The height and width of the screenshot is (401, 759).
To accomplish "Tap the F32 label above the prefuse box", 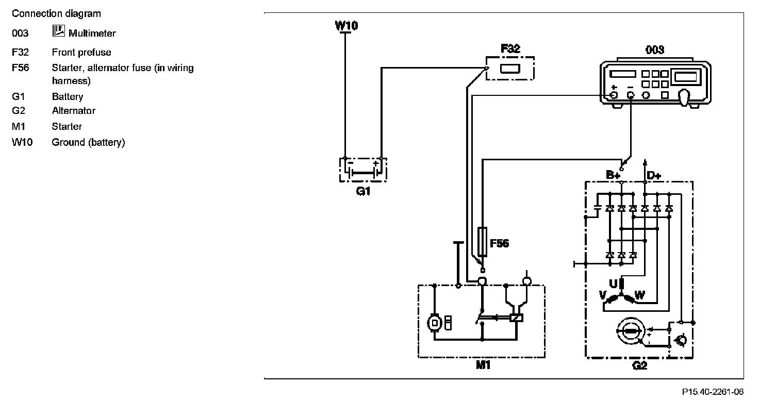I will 510,49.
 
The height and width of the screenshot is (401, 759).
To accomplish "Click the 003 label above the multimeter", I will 654,50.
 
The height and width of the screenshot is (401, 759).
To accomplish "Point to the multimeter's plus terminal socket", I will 614,95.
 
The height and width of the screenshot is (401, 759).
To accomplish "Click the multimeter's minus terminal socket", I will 630,95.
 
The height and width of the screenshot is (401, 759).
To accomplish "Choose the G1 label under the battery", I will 364,191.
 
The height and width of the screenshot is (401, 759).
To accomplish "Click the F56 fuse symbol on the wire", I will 483,242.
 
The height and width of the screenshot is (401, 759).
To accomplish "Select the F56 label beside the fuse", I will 499,243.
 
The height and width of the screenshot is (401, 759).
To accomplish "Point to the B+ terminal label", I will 613,175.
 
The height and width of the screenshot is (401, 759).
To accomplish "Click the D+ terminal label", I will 653,175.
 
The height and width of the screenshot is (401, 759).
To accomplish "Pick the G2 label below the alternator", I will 639,365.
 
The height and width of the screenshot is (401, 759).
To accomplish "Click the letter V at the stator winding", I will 602,295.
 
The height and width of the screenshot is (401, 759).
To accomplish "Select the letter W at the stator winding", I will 639,295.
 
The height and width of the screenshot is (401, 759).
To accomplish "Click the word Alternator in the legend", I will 73,110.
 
